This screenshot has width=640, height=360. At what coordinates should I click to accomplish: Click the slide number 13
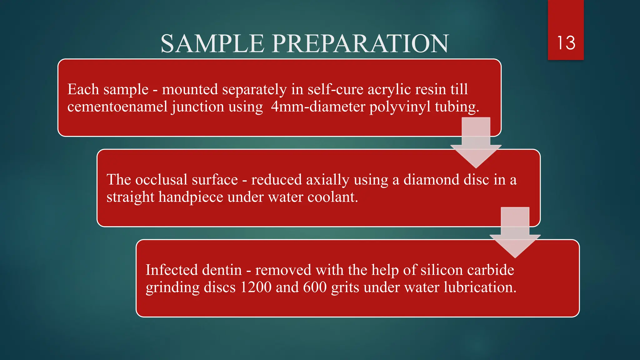[566, 43]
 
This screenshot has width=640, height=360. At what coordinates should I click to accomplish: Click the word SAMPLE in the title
[212, 43]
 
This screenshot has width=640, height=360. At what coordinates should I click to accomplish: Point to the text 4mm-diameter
[318, 107]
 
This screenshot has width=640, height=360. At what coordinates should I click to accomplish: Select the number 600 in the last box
[315, 287]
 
